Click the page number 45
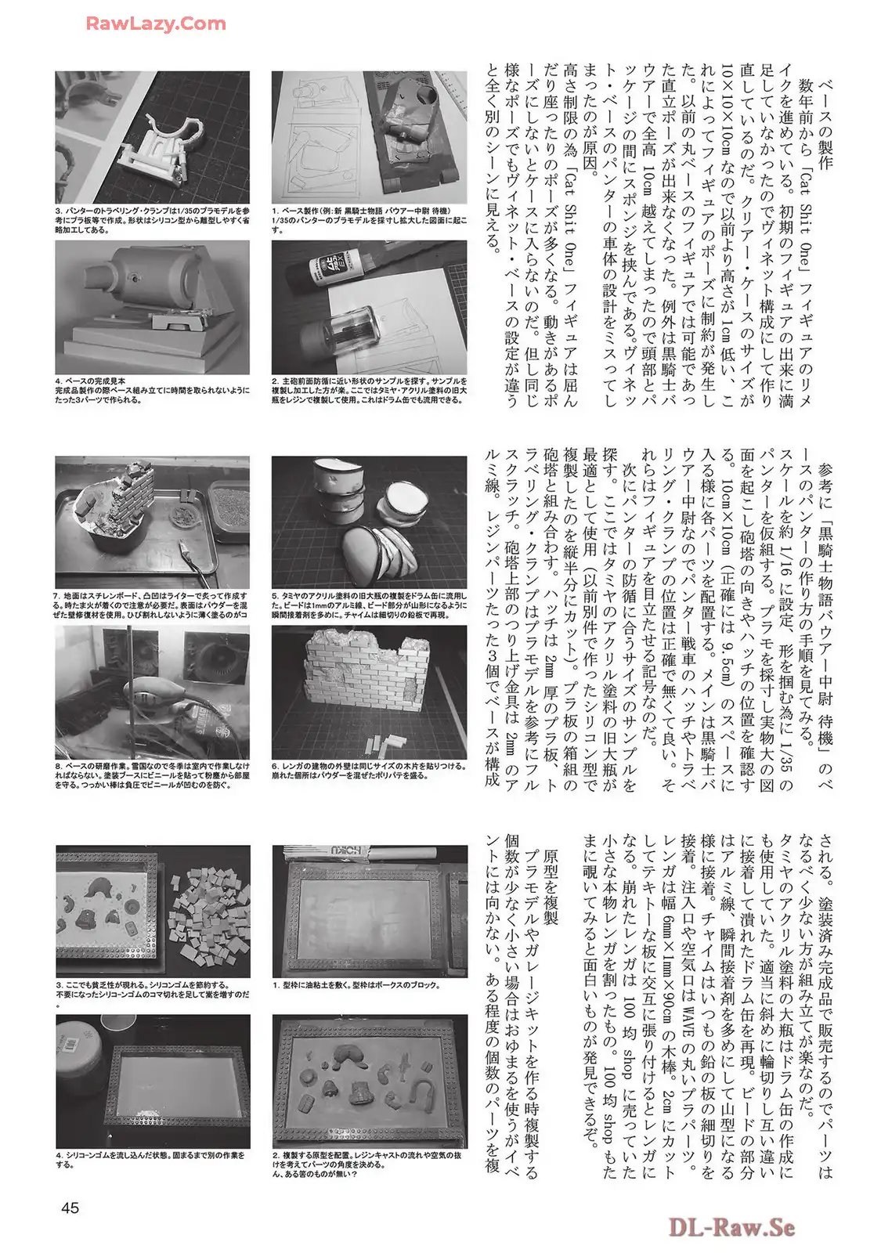[x=70, y=1208]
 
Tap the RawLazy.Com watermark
[x=156, y=23]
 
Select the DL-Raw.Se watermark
[x=731, y=1228]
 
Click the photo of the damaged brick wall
[x=369, y=692]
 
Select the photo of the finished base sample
[x=152, y=307]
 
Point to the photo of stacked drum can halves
[x=369, y=522]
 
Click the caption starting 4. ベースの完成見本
[x=152, y=391]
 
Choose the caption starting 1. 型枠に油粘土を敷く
[x=356, y=985]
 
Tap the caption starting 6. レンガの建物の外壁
[x=369, y=771]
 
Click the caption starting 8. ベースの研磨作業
[x=152, y=775]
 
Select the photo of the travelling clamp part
[x=152, y=137]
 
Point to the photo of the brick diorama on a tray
[x=152, y=522]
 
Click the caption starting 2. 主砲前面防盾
[x=369, y=391]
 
